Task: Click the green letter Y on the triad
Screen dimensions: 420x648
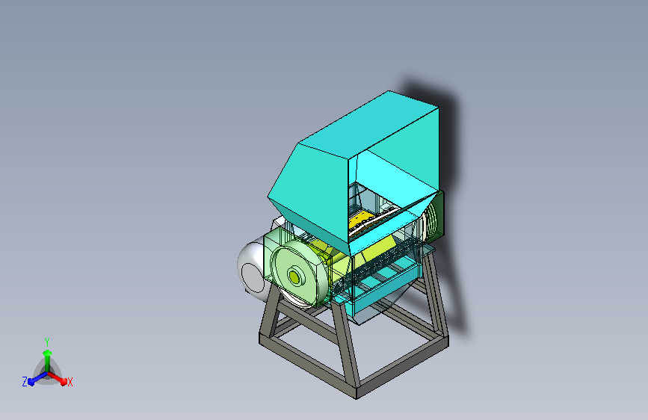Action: [x=47, y=340]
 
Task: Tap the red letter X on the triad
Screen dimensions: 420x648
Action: [x=70, y=382]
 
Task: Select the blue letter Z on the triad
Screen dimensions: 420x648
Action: [x=25, y=382]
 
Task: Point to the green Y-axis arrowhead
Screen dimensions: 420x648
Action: [x=47, y=350]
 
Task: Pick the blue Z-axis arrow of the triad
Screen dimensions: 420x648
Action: [x=34, y=377]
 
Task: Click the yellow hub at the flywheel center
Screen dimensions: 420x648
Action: [x=294, y=277]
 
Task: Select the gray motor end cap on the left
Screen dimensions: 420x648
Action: [x=250, y=269]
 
